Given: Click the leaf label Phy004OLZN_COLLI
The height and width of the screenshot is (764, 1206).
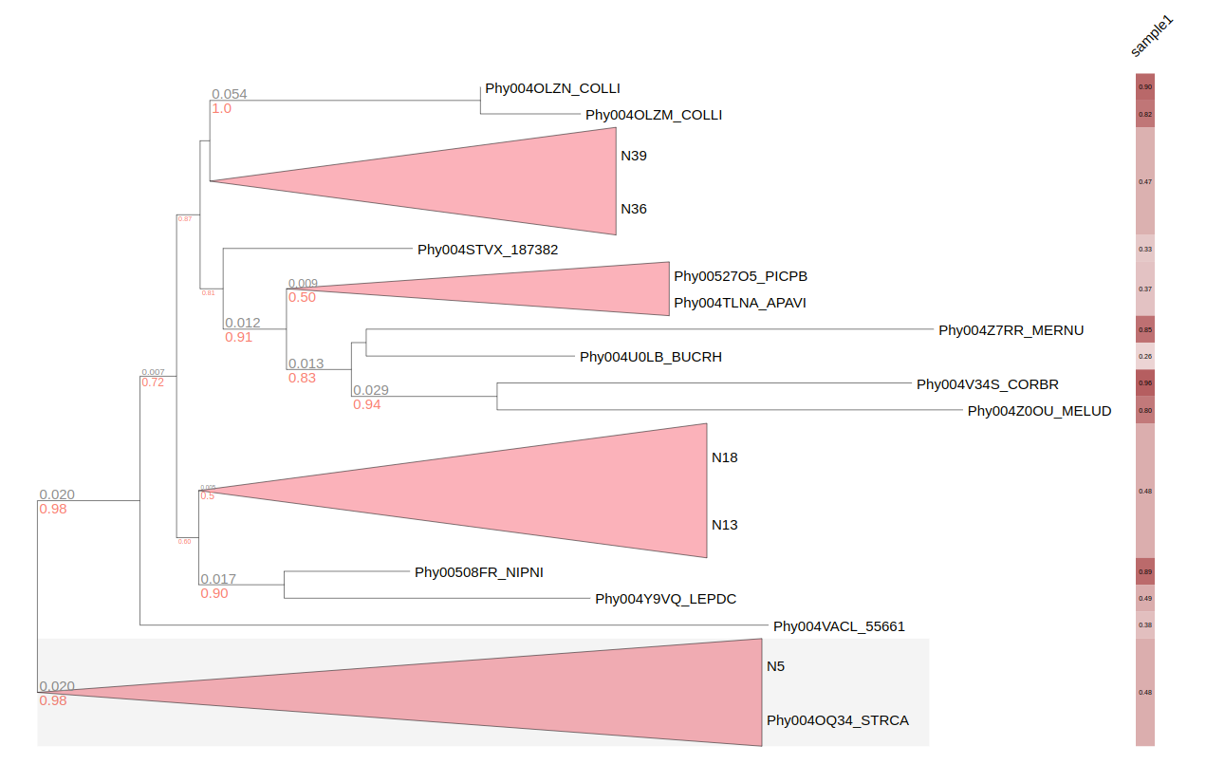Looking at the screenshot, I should [x=552, y=88].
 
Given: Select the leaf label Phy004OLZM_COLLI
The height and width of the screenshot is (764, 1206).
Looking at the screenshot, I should [x=654, y=115].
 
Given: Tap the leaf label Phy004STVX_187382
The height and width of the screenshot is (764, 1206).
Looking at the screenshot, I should [x=488, y=251].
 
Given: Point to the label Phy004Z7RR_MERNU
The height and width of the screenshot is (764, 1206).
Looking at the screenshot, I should [x=1011, y=330].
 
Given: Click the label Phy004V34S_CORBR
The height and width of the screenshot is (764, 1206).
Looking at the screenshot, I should [x=987, y=384].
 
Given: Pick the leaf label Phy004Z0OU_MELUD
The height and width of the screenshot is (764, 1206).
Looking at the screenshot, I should [x=1039, y=411].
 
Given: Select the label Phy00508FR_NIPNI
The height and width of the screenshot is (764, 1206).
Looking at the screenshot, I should [x=478, y=572].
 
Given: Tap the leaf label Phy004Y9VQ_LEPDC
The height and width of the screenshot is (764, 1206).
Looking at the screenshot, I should [x=665, y=599].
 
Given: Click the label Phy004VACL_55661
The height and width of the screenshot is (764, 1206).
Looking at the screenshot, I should [x=839, y=626].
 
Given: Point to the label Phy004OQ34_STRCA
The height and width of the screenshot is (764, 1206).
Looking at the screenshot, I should [x=837, y=720].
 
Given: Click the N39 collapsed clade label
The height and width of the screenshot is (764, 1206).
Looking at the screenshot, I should [x=634, y=156].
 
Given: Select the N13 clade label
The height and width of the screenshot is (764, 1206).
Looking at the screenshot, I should [x=725, y=525].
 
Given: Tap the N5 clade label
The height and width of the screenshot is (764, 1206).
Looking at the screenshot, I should [x=775, y=666].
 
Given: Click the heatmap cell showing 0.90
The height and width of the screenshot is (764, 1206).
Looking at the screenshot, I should [x=1145, y=86].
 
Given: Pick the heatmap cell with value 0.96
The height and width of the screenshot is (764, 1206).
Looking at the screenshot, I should [x=1145, y=383].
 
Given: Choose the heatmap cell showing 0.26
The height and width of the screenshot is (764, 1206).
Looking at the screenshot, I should [x=1145, y=357].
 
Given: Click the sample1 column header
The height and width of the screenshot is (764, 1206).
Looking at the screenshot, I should [x=1151, y=37].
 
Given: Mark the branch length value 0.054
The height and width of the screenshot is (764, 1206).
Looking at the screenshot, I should [x=229, y=94].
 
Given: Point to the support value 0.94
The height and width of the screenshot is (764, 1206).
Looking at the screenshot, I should [x=367, y=405].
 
